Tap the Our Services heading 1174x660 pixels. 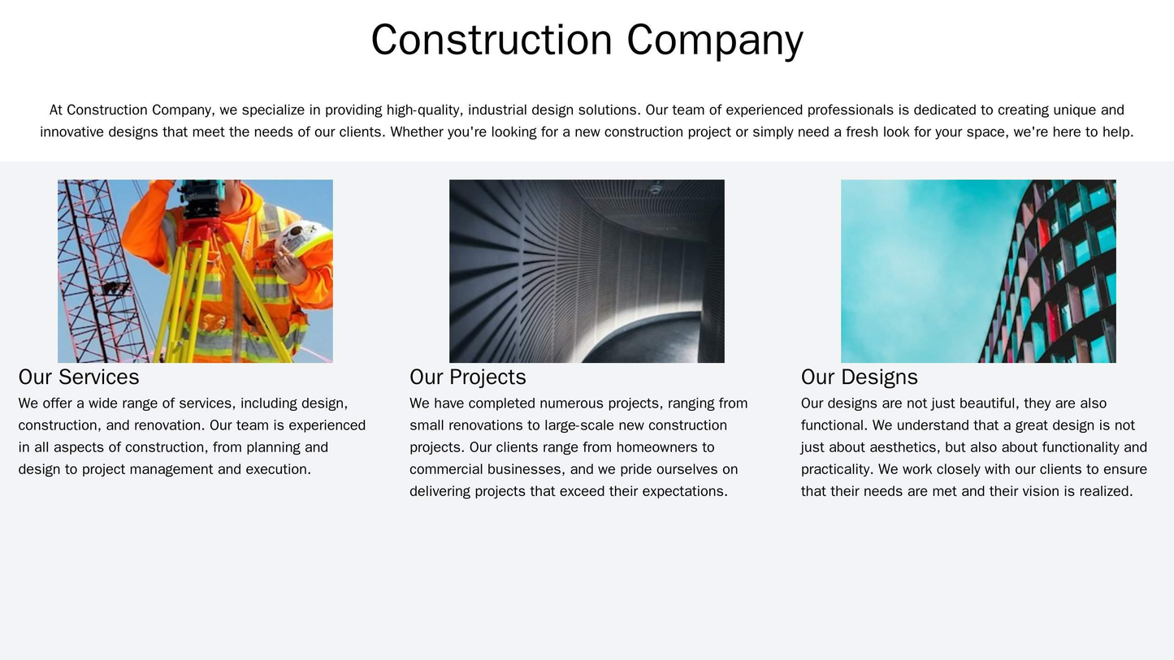tap(79, 377)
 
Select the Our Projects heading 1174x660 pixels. tap(468, 377)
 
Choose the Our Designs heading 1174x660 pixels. tap(860, 377)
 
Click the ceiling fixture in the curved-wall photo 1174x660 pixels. tap(655, 191)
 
